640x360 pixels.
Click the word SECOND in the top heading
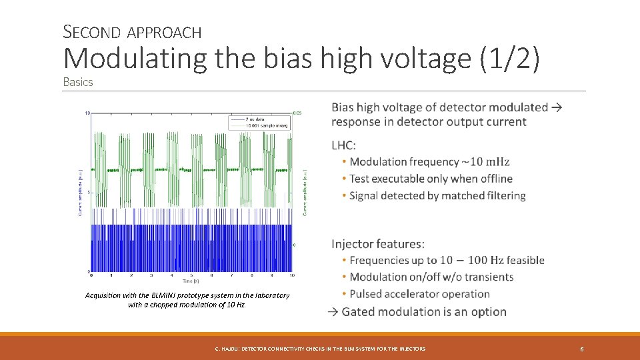click(91, 31)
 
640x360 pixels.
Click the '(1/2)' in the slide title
click(509, 59)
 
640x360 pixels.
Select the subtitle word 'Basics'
click(78, 82)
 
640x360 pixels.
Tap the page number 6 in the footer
click(582, 349)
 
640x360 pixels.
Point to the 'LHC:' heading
click(344, 145)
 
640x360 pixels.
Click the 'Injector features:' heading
click(378, 244)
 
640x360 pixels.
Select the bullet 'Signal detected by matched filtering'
click(437, 195)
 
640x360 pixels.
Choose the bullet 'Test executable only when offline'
click(431, 179)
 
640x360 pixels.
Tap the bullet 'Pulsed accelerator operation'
click(419, 294)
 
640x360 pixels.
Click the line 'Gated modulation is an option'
click(424, 312)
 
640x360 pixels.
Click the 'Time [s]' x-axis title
click(192, 281)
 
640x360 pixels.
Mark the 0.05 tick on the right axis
click(299, 113)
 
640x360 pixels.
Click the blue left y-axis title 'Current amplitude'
click(81, 192)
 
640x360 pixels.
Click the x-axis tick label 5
click(192, 275)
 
